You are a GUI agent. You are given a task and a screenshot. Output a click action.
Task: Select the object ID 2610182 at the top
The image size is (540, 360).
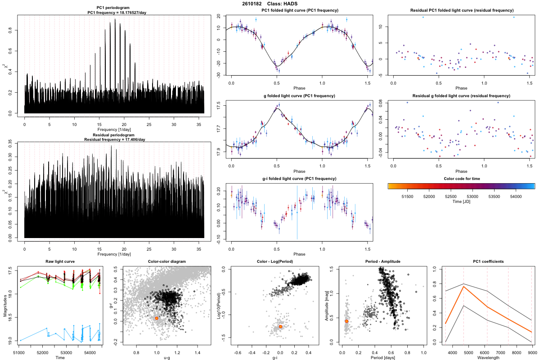pos(252,4)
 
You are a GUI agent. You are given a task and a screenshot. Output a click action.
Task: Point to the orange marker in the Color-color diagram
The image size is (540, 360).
pos(157,318)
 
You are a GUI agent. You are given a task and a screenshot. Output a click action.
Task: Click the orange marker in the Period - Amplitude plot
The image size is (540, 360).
pos(346,321)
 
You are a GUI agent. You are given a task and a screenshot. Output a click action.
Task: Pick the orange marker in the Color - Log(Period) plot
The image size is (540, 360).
pos(280,326)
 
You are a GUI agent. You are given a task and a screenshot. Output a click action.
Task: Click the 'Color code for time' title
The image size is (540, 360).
pos(461,179)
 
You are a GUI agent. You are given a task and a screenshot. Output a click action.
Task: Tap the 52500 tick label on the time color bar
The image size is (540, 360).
pos(450,197)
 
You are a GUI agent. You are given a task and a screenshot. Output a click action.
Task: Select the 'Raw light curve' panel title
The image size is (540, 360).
pos(60,262)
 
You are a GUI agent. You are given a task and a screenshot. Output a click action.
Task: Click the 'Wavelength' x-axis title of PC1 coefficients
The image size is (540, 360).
pos(488,358)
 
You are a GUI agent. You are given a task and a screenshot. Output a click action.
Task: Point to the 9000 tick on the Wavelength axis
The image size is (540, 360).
pos(531,353)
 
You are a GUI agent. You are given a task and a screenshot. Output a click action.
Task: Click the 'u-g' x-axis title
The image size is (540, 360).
pos(166,358)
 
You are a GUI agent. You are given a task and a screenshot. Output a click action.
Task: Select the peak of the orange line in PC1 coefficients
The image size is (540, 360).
pos(463,287)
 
